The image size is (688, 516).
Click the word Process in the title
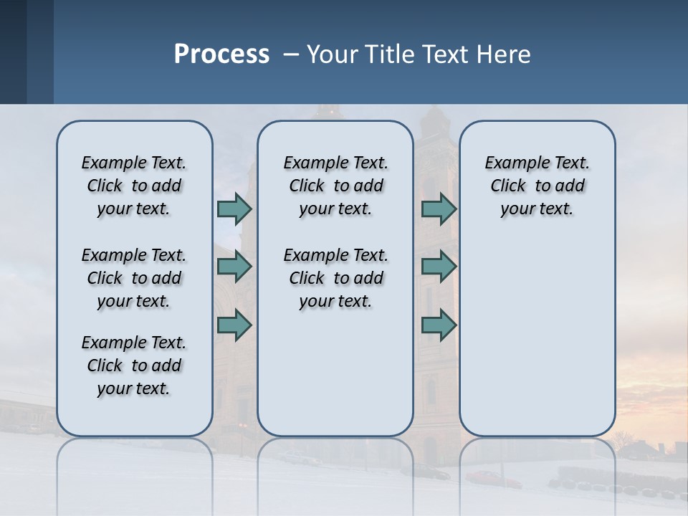[221, 54]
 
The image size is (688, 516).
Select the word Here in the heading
[505, 54]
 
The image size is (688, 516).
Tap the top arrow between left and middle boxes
[234, 209]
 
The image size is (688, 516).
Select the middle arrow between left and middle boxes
[234, 267]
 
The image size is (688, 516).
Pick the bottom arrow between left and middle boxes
[234, 325]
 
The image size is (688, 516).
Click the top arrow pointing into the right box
[439, 209]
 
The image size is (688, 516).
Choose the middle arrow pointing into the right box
[439, 267]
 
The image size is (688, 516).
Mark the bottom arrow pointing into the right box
[439, 325]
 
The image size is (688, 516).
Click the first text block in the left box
[134, 186]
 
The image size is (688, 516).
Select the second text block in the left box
[134, 278]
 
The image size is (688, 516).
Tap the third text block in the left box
[134, 365]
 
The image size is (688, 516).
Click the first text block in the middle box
[335, 186]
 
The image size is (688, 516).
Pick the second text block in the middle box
[335, 278]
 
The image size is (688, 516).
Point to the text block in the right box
[537, 186]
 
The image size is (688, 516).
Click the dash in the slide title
[291, 55]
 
